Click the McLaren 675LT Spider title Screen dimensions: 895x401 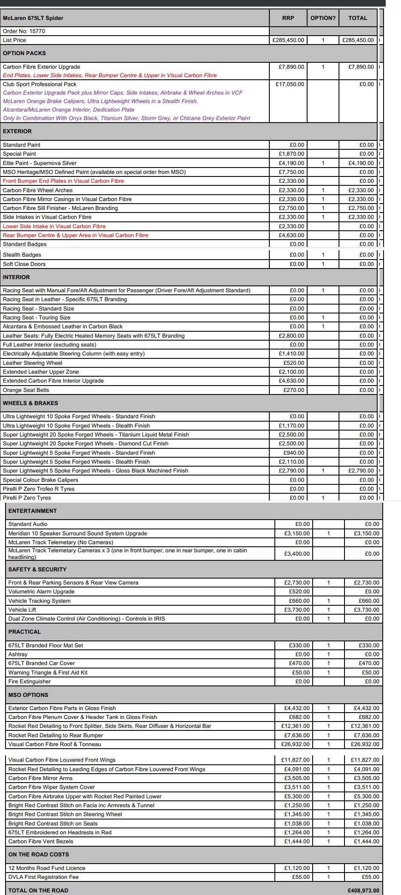pos(33,18)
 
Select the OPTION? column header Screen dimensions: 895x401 pos(323,18)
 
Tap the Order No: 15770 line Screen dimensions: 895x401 pos(24,31)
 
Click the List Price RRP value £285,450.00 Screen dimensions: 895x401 pos(288,40)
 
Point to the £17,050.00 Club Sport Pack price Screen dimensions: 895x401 pos(290,84)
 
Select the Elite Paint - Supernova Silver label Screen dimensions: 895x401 pos(40,163)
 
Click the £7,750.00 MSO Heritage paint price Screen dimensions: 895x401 pos(291,172)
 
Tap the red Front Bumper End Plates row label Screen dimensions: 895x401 pos(63,181)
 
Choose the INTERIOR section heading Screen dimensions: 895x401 pos(17,277)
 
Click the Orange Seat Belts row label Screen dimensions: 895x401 pos(26,390)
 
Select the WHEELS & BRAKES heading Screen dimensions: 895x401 pos(31,403)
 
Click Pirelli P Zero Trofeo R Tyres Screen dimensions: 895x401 pos(39,489)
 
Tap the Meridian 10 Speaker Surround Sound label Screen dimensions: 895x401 pos(78,534)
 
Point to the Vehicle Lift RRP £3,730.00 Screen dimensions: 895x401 pos(297,610)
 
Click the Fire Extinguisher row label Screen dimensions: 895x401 pos(30,682)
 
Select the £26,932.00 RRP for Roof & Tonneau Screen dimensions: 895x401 pos(296,744)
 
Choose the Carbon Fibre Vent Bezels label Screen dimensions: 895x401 pos(41,842)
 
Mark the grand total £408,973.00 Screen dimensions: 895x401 pos(363,890)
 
